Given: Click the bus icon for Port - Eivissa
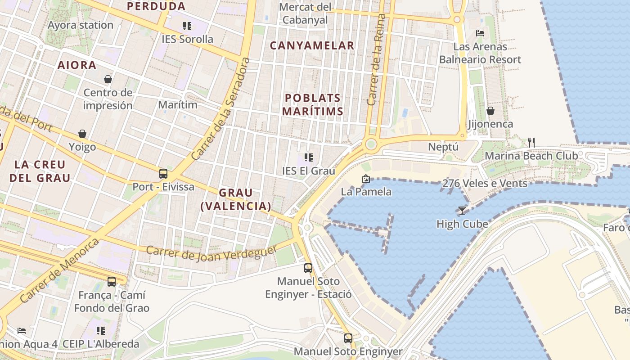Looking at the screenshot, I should pos(163,174).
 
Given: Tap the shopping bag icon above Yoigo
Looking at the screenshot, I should pos(82,134).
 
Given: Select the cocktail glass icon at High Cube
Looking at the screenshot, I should pos(462,210).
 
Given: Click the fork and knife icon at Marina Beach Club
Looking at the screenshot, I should pos(531,143).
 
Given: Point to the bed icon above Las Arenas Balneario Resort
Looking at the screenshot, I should pos(480,33).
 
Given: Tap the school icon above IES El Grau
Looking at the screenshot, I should pos(308,157).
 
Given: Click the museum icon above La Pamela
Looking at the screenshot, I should pos(365,179).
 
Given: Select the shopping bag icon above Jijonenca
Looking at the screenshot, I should pos(490,110).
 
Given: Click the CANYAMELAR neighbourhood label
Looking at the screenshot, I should pos(312,45).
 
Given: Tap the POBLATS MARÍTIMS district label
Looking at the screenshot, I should pos(313,105).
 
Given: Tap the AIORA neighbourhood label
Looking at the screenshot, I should pos(77,65).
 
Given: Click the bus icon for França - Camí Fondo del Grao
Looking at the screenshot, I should pos(112,282).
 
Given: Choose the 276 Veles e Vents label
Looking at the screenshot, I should pos(485,183).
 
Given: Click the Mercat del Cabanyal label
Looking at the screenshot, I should pos(305,13).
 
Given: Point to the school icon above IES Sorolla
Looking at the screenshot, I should pos(187,26).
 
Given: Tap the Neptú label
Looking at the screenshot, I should pos(443,147).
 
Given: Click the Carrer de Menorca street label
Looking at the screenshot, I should pos(59,270).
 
